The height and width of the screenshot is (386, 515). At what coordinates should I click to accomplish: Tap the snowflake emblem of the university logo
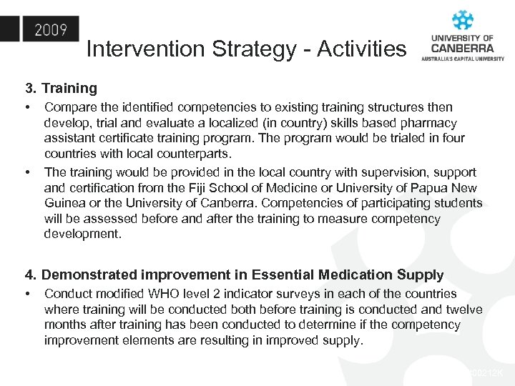[x=463, y=20]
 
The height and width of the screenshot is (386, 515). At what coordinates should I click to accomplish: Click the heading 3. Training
[x=61, y=89]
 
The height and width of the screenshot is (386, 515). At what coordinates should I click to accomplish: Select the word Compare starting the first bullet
[x=69, y=107]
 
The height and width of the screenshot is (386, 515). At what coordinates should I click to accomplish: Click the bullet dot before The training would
[x=27, y=172]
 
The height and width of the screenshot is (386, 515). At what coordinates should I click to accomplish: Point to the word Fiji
[x=256, y=188]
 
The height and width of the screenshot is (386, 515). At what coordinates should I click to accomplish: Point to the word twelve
[x=463, y=310]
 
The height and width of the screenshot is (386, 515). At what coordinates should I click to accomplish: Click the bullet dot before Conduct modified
[x=27, y=295]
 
